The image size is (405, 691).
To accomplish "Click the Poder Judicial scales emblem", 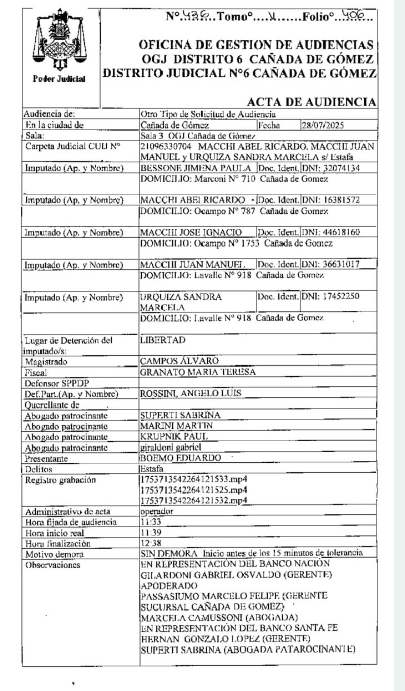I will [x=60, y=40].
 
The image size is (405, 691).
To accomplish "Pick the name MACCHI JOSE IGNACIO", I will [x=191, y=232].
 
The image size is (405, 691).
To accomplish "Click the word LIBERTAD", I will [x=163, y=340].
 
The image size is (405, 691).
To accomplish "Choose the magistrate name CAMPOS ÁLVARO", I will [x=179, y=361].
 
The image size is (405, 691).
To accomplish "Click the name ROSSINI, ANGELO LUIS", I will [x=190, y=393].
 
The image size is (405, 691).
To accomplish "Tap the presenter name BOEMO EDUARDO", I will [x=180, y=458].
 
